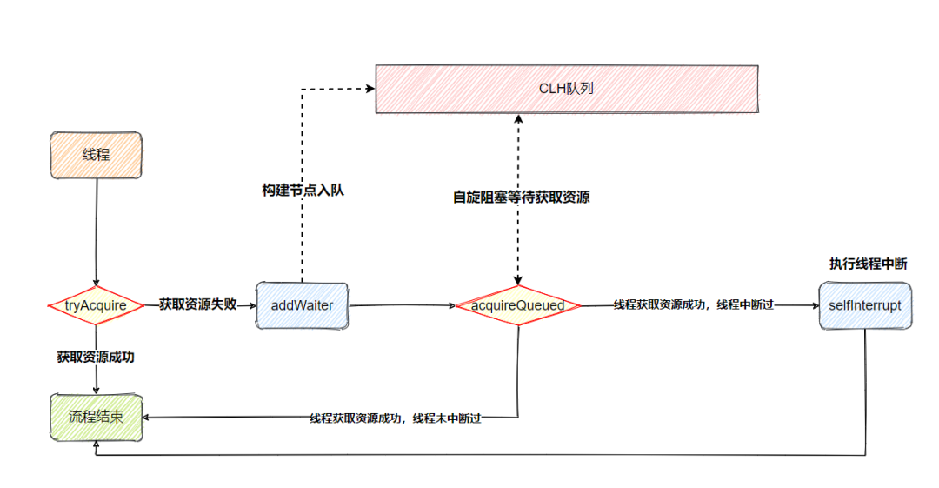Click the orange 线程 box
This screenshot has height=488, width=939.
tap(96, 157)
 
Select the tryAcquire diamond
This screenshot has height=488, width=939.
tap(96, 305)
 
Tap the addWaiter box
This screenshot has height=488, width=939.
tap(301, 305)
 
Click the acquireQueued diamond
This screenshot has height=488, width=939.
tap(518, 305)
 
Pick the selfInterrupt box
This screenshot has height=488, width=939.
tap(865, 305)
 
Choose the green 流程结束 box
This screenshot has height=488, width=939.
tap(96, 417)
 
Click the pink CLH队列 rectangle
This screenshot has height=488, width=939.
tap(568, 88)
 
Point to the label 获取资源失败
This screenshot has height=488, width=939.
tap(197, 304)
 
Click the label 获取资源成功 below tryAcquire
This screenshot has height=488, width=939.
tap(96, 357)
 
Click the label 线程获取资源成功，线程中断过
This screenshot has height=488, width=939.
tap(694, 305)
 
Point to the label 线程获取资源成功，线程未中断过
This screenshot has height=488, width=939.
tap(396, 418)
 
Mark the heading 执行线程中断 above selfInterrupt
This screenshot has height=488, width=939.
tap(868, 264)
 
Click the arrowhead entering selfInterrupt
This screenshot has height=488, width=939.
tap(814, 305)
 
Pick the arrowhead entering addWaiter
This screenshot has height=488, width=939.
tap(252, 305)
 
